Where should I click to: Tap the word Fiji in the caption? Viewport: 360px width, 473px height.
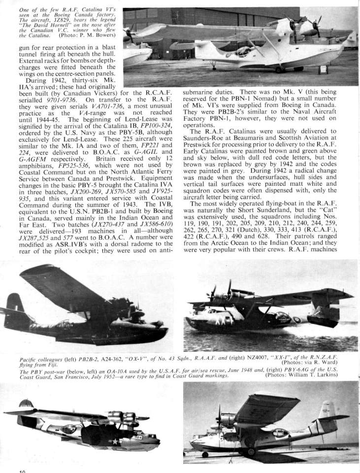(41, 363)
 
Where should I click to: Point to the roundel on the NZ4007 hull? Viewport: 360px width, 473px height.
(297, 320)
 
